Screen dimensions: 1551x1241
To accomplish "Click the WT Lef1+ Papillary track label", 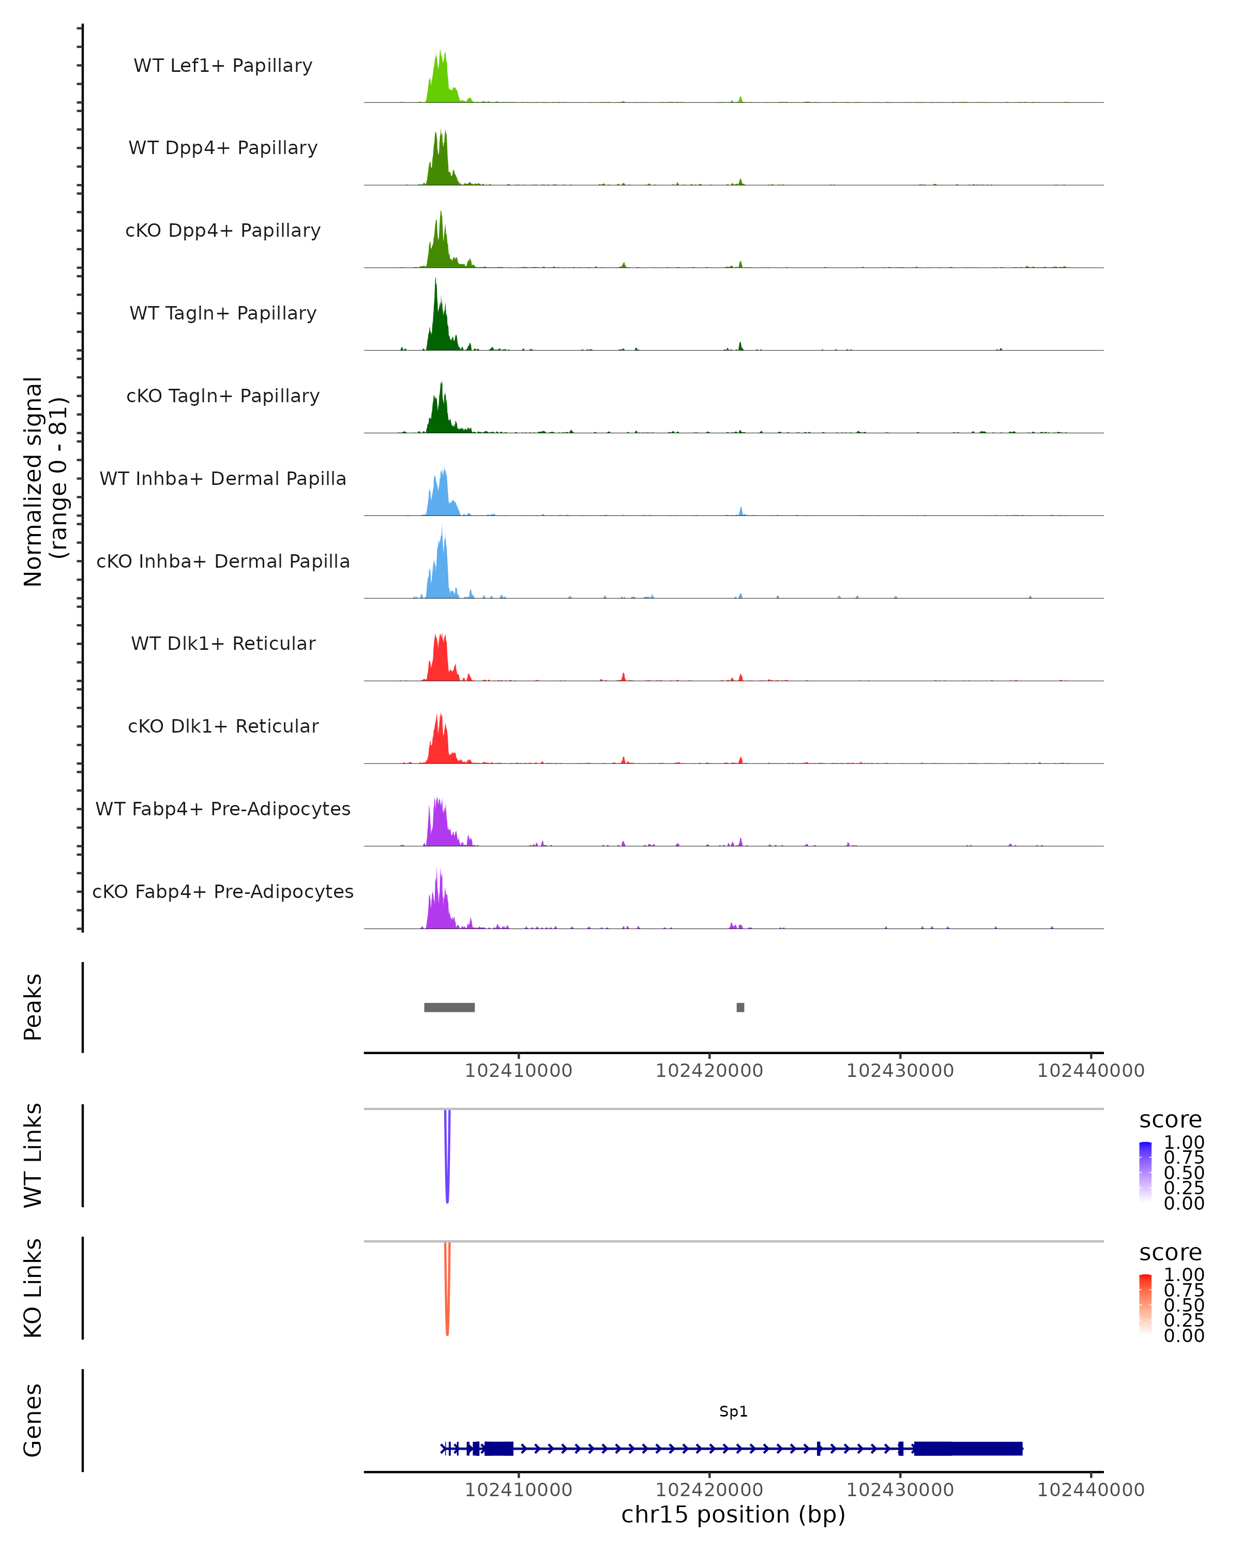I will pos(223,66).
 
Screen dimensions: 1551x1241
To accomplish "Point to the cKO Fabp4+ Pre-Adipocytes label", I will pos(223,891).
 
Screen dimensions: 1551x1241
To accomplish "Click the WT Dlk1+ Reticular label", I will pos(223,643).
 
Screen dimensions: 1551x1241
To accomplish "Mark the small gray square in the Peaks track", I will pos(740,1007).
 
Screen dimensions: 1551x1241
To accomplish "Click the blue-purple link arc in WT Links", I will pos(447,1158).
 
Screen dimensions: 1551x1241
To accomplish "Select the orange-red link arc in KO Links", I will pos(447,1291).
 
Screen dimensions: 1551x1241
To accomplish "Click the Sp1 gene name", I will pos(733,1411).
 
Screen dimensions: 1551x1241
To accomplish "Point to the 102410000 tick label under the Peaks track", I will pos(518,1071).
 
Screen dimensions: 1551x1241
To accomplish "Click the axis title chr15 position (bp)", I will pos(733,1514).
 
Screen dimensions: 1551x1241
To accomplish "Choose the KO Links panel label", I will pos(33,1288).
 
